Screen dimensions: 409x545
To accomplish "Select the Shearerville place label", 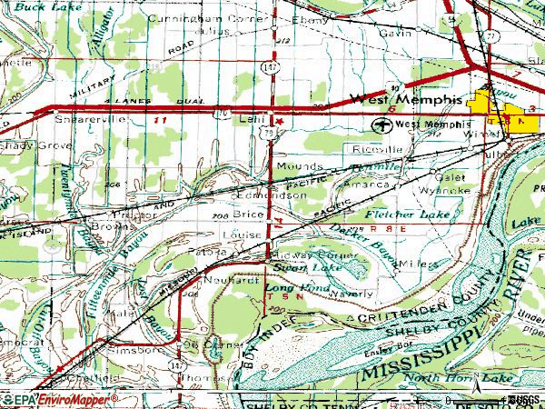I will pos(87,119).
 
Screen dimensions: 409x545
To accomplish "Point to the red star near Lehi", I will pos(281,121).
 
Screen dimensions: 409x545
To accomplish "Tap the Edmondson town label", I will pos(270,195).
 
